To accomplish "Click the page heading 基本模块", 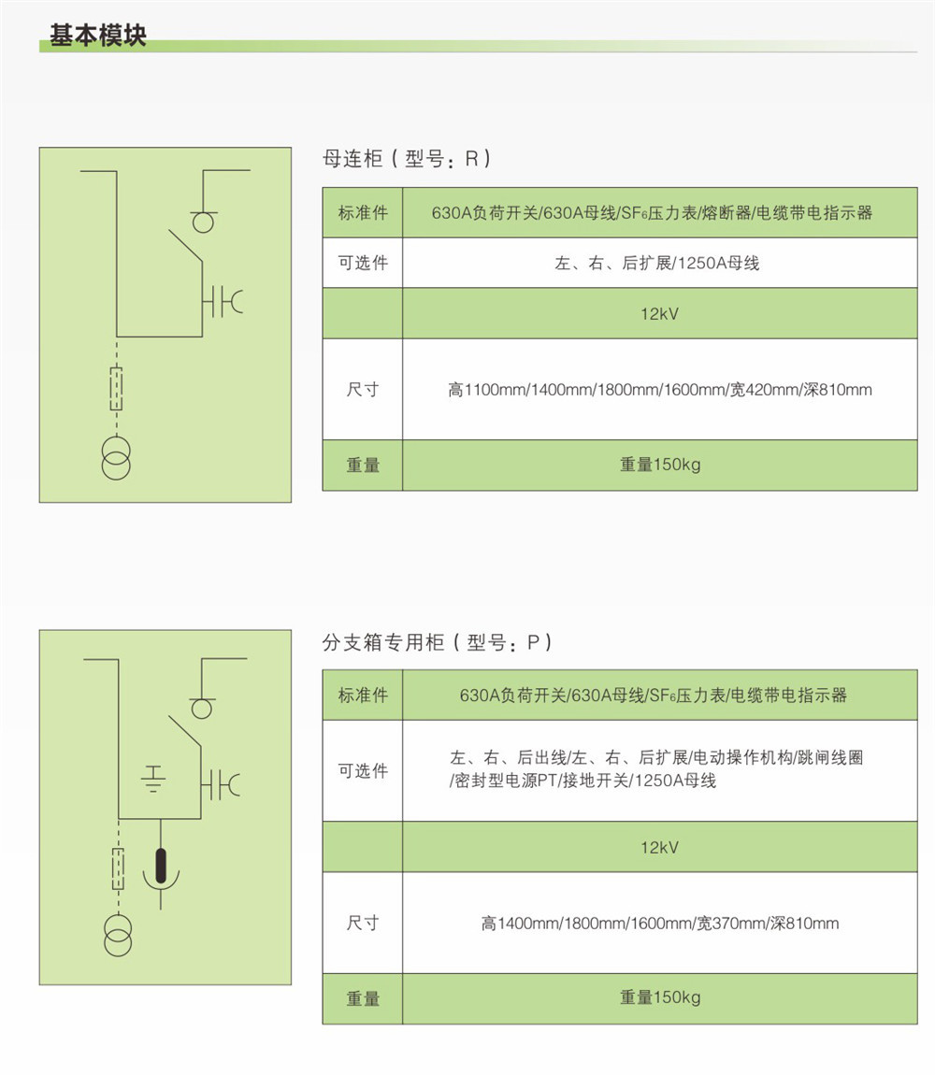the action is click(x=98, y=35).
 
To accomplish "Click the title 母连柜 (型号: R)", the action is click(x=407, y=159).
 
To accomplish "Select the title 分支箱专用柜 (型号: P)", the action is click(x=438, y=642).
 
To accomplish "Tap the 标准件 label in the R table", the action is click(x=363, y=212).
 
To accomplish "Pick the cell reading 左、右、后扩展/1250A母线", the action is click(x=657, y=263).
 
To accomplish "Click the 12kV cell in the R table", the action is click(x=659, y=314).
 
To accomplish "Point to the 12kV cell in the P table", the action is click(x=659, y=848).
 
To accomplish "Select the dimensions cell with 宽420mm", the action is click(x=660, y=390).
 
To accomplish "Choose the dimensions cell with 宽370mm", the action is click(x=660, y=923).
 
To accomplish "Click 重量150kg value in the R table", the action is click(x=660, y=465).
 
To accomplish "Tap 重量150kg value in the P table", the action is click(x=660, y=996).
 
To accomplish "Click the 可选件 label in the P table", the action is click(x=363, y=770).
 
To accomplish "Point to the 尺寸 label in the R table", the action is click(x=363, y=390).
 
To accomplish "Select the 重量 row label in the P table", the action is click(x=363, y=998).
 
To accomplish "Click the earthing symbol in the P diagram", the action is click(x=153, y=778).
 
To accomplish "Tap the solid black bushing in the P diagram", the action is click(x=161, y=866).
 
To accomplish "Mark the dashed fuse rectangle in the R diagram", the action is click(x=117, y=389).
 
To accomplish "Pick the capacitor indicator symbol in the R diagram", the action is click(x=223, y=302).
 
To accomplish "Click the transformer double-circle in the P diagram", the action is click(x=118, y=935).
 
